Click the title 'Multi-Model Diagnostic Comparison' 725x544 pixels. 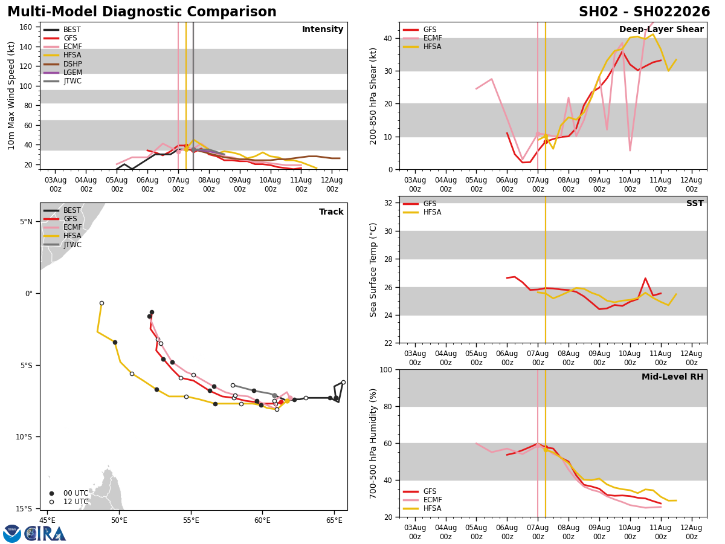click(142, 12)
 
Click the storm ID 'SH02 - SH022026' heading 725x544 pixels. click(644, 12)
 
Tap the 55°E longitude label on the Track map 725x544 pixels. click(190, 520)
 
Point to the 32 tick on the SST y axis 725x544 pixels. click(388, 203)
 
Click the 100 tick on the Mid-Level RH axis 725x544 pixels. click(385, 370)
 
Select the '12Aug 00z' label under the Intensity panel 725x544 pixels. click(332, 184)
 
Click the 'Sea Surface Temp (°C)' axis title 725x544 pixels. click(373, 270)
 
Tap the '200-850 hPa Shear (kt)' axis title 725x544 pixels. click(373, 96)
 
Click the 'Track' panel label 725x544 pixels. click(331, 212)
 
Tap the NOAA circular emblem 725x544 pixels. click(12, 534)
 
